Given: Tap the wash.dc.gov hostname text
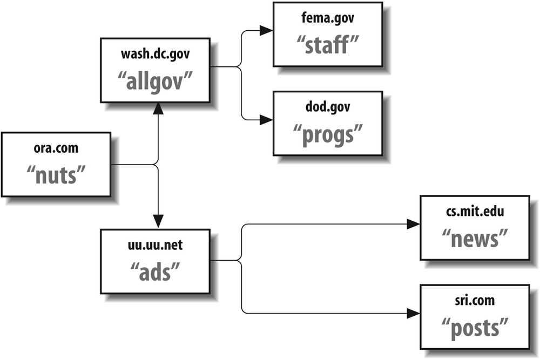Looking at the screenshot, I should (x=156, y=54).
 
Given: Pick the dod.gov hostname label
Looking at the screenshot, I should (x=328, y=107).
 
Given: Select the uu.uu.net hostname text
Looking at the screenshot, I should (x=156, y=246).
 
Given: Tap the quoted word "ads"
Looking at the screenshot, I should (x=156, y=271).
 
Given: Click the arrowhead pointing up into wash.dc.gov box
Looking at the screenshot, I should (x=158, y=108).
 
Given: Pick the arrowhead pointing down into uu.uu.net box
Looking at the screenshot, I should (x=158, y=221).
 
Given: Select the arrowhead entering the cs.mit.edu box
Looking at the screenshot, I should (x=413, y=224).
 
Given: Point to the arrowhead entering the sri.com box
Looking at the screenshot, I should (x=413, y=313).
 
